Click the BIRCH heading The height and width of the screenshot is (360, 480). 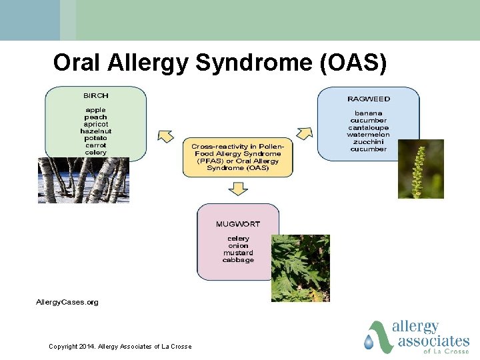(95, 95)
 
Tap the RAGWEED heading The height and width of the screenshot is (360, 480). (368, 99)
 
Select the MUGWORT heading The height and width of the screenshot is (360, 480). (238, 223)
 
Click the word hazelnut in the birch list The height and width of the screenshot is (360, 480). (95, 131)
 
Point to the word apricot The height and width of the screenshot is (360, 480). (95, 124)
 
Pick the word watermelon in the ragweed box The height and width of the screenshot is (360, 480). (368, 135)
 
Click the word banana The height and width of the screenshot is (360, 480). (368, 113)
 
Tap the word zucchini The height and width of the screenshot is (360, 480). (368, 142)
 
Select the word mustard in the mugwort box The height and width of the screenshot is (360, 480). (238, 253)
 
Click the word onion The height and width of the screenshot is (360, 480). (238, 245)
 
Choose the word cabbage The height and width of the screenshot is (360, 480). (238, 260)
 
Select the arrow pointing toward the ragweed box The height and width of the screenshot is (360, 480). (304, 132)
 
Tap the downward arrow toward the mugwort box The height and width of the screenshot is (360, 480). (237, 189)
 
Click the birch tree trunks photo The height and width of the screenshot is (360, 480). (83, 180)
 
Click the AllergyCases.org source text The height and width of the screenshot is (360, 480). (67, 302)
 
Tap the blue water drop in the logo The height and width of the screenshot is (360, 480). (369, 342)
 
